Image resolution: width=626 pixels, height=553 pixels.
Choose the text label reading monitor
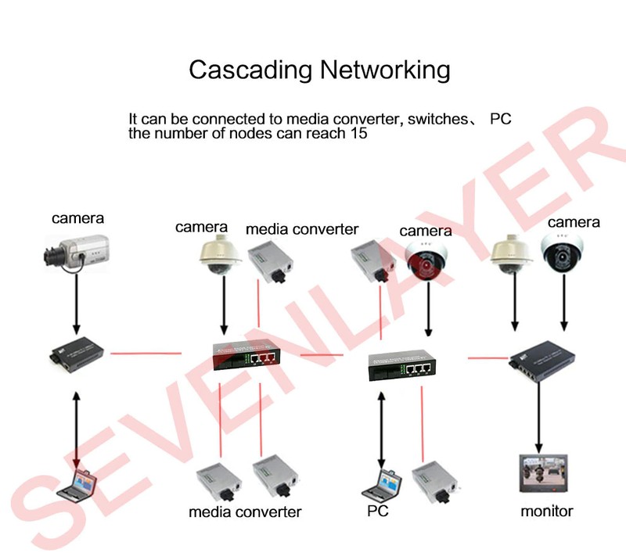[547, 512]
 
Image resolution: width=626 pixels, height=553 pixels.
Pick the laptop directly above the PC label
[379, 484]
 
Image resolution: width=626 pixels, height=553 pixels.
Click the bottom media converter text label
[245, 512]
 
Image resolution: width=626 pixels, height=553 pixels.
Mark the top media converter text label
[302, 229]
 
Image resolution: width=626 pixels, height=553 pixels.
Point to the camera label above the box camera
[77, 218]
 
